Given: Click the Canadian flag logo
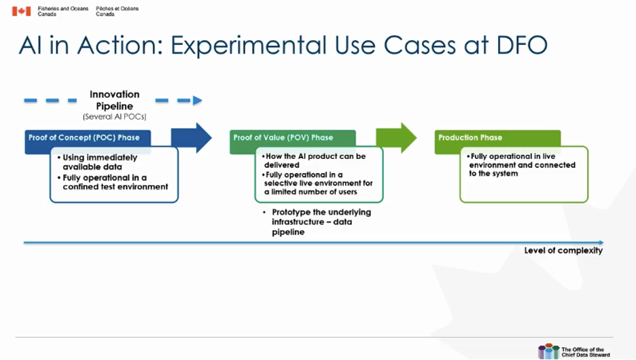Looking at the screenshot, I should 21,11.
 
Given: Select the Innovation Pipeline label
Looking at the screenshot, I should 114,100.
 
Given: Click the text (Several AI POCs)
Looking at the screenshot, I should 114,117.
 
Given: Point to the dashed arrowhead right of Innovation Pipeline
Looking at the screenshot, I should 197,101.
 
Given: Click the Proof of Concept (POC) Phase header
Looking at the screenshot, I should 84,138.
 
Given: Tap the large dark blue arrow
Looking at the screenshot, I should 194,138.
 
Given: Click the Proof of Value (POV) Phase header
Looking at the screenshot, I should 284,138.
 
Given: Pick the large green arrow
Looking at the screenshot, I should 397,138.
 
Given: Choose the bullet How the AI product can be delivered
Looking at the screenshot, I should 315,161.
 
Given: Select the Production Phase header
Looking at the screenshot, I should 471,138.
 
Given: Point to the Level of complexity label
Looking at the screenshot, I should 563,251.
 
